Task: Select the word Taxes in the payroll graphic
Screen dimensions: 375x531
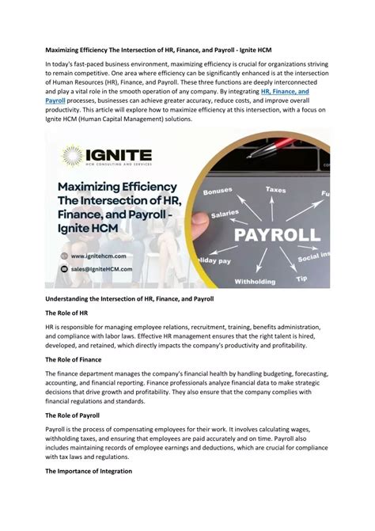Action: (x=275, y=190)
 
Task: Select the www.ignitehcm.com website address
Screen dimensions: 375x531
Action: (x=101, y=256)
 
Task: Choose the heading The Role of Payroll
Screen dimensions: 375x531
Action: (x=79, y=415)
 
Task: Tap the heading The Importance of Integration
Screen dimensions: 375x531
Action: (x=100, y=471)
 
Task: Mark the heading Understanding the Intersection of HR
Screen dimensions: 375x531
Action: (x=123, y=298)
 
